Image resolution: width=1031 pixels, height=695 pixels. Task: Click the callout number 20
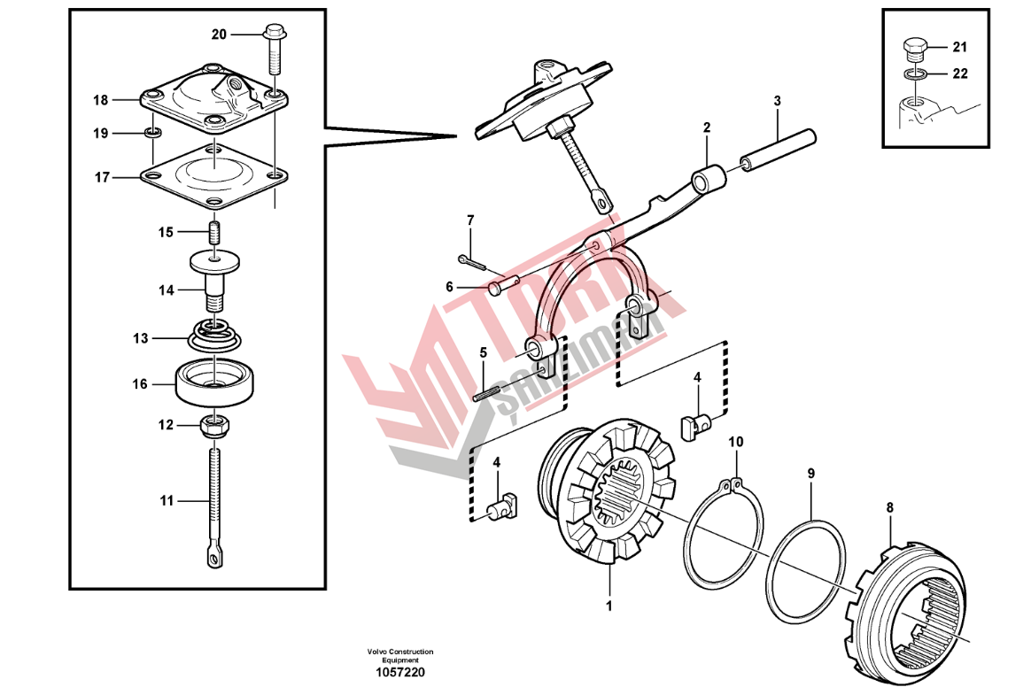click(x=218, y=35)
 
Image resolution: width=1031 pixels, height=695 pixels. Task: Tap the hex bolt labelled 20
click(x=274, y=50)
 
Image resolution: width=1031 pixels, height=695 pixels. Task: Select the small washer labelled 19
click(x=153, y=134)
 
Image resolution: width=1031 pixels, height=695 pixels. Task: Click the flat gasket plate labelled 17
click(x=214, y=175)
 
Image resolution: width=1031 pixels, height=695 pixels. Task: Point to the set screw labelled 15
click(x=214, y=232)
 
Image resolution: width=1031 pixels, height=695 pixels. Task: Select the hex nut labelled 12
click(x=214, y=428)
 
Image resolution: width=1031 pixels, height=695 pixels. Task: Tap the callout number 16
click(x=139, y=384)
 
